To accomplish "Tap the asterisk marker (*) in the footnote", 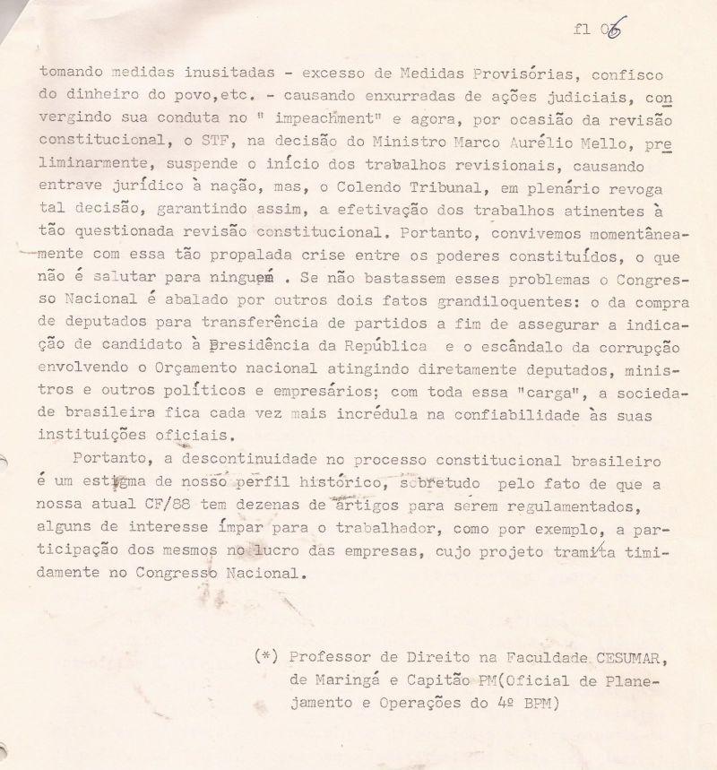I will tap(266, 657).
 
